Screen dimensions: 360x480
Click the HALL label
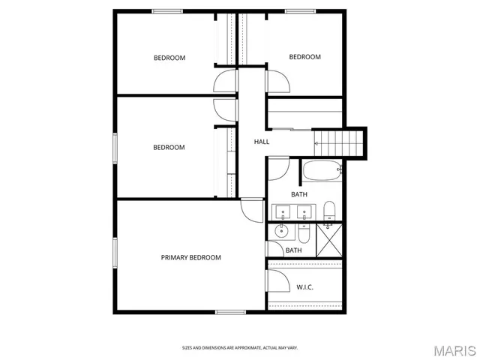coord(262,142)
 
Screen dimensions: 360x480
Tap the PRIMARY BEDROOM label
coord(191,257)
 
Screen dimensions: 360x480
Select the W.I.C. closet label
coord(304,286)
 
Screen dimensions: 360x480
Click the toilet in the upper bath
coord(329,210)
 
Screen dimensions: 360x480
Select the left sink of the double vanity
coord(283,210)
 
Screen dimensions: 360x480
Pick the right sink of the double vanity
coord(304,210)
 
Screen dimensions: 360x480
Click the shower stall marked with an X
coord(329,239)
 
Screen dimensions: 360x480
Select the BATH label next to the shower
coord(293,250)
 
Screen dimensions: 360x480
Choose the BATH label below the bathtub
coord(299,195)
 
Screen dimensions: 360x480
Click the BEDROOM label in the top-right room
coord(305,57)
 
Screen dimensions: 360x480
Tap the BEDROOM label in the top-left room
coord(169,58)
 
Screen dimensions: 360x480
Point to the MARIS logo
coord(454,349)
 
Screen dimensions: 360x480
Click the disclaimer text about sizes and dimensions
coord(240,348)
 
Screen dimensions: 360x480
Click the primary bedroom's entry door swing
coord(253,209)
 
